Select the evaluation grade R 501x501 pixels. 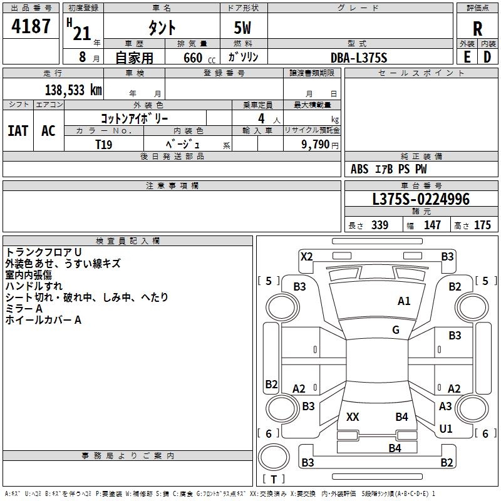tap(477, 29)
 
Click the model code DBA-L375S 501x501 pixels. tap(359, 58)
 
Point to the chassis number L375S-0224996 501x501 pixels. tap(421, 200)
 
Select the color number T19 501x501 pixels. tap(104, 144)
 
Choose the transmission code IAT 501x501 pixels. tap(18, 131)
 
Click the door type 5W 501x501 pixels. tap(244, 29)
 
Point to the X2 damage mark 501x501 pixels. tap(306, 256)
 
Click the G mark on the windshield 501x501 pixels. tap(396, 330)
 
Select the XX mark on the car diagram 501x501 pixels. tap(353, 417)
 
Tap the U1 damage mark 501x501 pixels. tap(446, 429)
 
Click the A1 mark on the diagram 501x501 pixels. tap(404, 301)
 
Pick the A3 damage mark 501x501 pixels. tap(445, 406)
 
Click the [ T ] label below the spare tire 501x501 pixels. tap(273, 479)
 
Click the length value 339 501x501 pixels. tap(380, 225)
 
